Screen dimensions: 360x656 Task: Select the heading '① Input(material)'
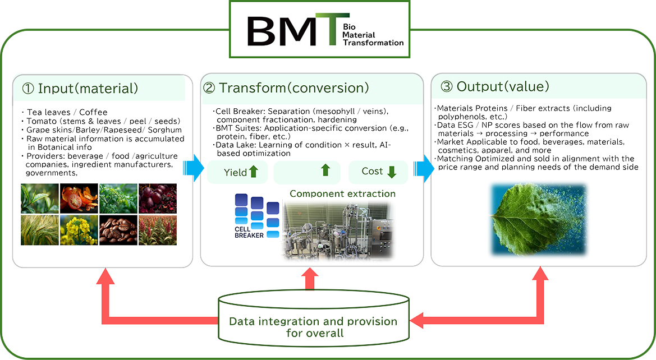(x=80, y=88)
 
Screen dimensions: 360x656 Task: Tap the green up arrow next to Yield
(x=253, y=172)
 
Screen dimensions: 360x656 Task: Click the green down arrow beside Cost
(x=392, y=172)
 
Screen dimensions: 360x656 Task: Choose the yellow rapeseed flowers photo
(x=79, y=230)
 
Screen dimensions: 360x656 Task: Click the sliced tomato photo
(x=79, y=198)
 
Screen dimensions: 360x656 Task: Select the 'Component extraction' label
(x=342, y=194)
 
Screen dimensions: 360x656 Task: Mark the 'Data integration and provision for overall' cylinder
(x=313, y=322)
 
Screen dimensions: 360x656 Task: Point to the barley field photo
(x=39, y=230)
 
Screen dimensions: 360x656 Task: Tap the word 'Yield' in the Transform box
(x=236, y=172)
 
